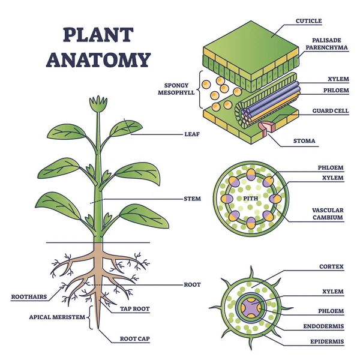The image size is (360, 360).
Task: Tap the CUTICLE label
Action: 308,21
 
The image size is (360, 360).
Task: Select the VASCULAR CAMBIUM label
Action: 327,214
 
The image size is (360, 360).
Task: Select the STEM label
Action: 192,198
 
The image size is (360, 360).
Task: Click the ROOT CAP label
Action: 134,339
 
